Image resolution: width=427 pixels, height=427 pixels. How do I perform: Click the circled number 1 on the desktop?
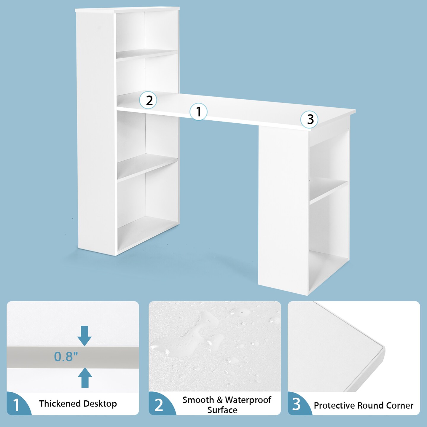198,112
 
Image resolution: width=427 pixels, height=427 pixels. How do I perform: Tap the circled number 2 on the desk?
148,100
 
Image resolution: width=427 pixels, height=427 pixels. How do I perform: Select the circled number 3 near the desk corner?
309,120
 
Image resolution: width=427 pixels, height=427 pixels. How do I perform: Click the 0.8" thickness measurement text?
66,356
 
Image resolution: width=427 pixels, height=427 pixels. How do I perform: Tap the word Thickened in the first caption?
60,404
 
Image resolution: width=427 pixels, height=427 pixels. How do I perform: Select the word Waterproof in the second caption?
248,400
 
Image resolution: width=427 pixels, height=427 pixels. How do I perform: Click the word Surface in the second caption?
222,410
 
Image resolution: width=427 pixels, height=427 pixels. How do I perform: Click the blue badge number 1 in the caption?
17,405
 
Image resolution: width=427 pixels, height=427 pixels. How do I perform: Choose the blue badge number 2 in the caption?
159,405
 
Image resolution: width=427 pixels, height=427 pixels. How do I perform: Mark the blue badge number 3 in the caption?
297,404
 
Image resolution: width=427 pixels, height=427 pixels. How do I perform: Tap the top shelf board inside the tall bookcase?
147,54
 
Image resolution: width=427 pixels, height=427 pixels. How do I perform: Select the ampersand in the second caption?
219,400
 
